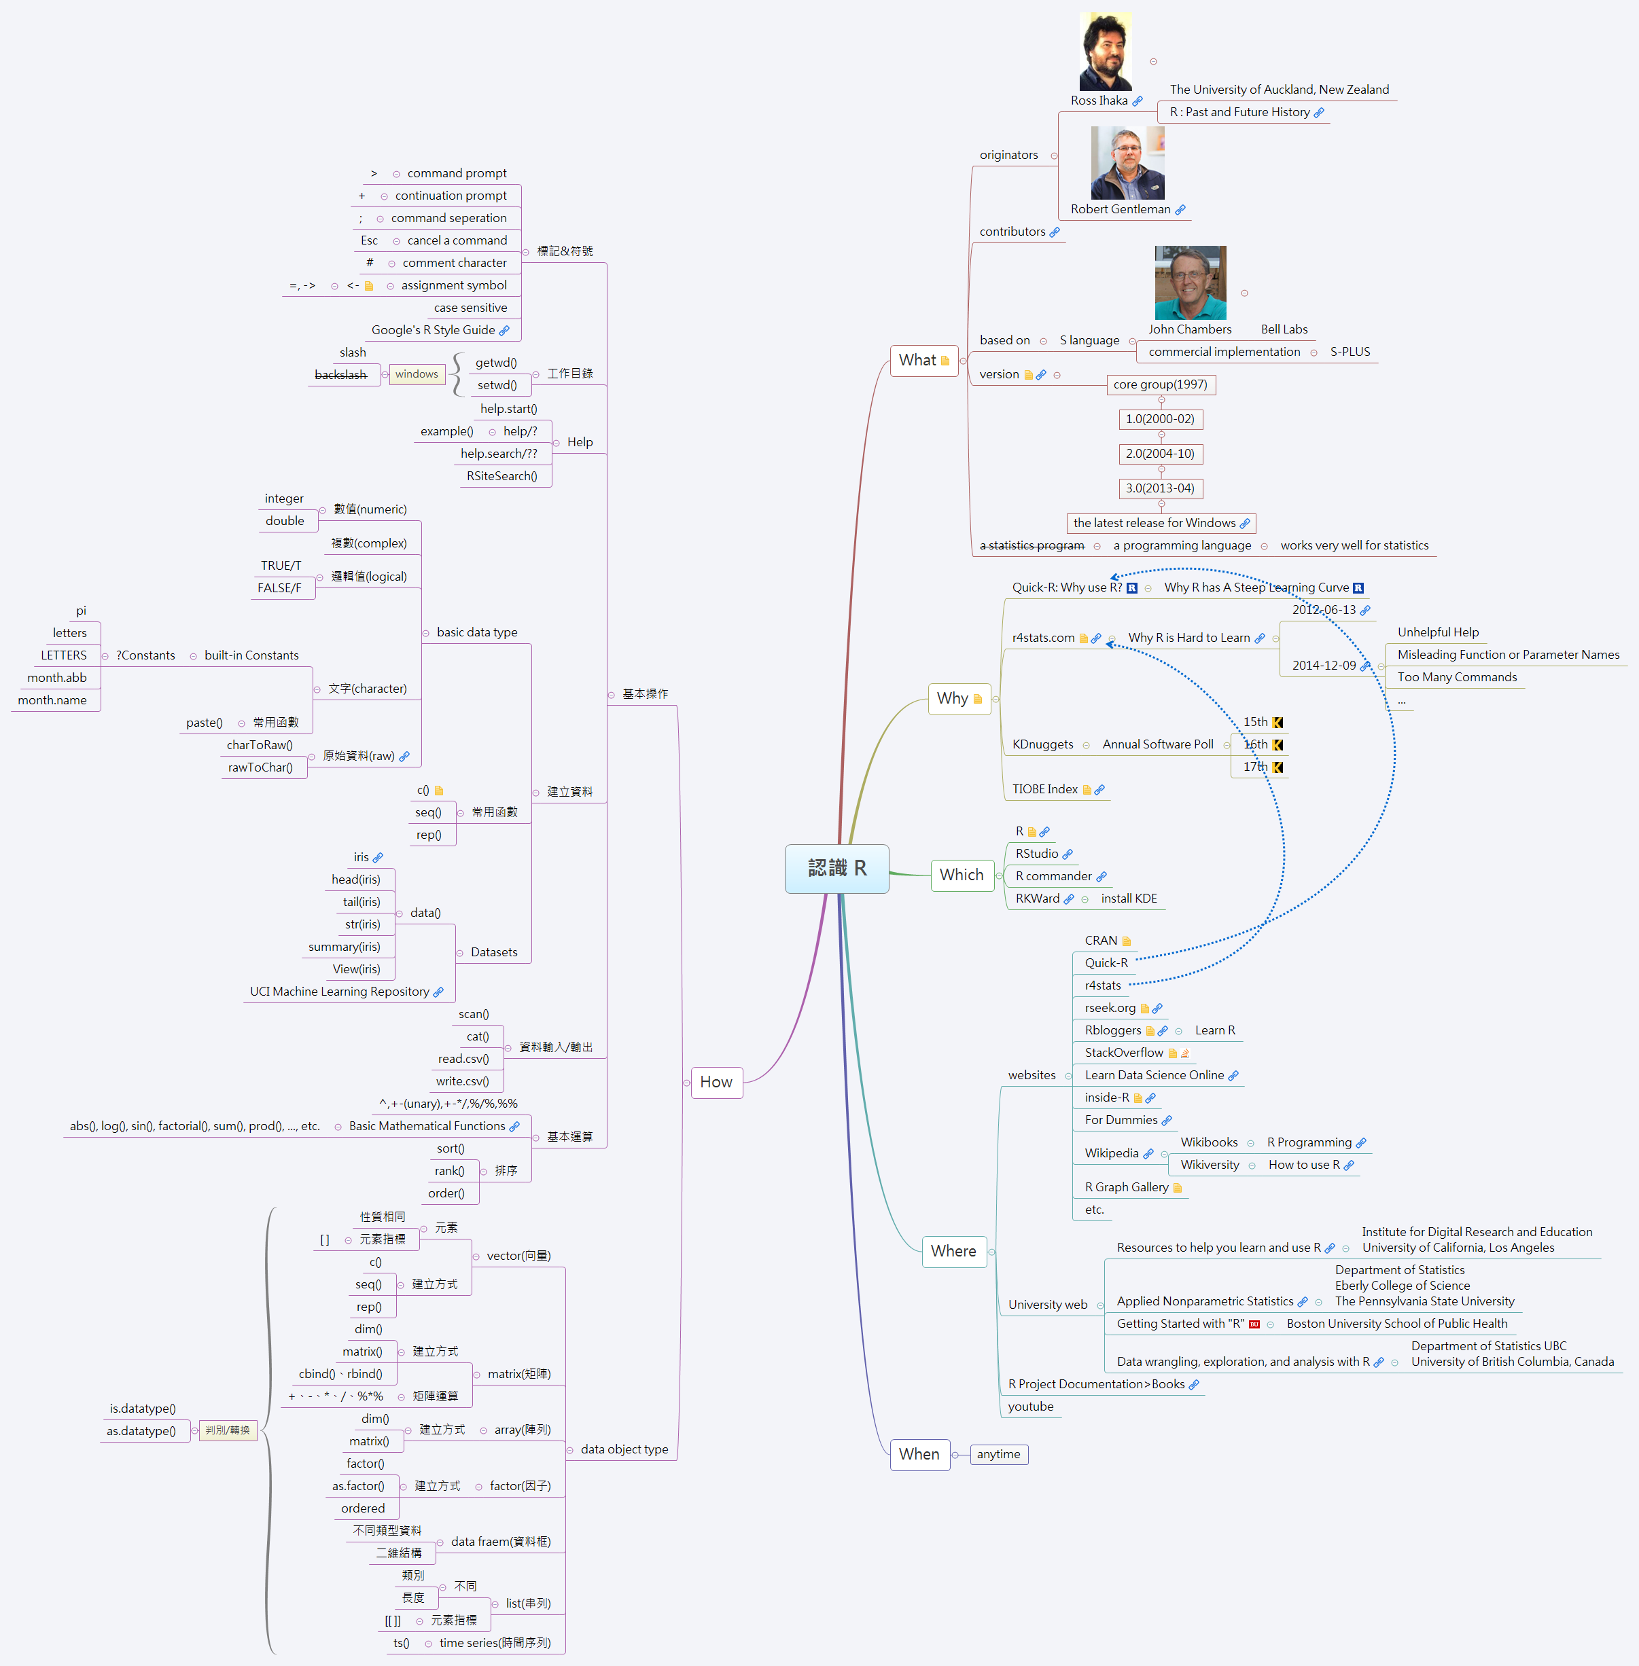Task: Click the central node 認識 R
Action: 836,868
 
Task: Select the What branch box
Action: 923,361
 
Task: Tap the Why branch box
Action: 958,699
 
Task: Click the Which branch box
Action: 961,875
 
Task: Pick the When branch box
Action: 919,1454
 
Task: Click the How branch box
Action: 716,1083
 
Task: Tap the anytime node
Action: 998,1454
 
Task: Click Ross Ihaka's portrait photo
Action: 1106,52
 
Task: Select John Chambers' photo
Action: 1190,283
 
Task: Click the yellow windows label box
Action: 417,374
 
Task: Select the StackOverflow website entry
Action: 1123,1053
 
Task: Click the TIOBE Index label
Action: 1044,789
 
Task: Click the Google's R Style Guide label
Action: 433,331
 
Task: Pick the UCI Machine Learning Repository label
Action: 339,992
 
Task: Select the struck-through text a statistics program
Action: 1032,545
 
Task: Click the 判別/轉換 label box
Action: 227,1430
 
